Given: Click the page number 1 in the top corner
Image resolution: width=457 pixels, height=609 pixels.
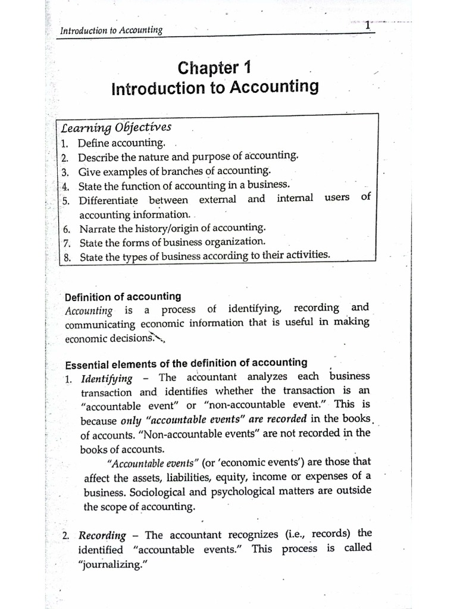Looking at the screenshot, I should [x=368, y=26].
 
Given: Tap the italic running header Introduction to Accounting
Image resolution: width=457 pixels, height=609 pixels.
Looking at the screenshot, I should [x=112, y=30].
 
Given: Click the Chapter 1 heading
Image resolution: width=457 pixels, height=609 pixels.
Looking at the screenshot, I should [x=215, y=68].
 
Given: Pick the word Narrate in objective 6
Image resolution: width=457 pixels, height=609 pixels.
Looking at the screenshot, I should [x=96, y=228].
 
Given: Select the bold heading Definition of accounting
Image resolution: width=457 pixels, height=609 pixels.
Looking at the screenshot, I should [x=123, y=296].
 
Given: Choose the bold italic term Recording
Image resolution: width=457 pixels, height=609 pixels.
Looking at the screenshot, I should [x=103, y=535].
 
